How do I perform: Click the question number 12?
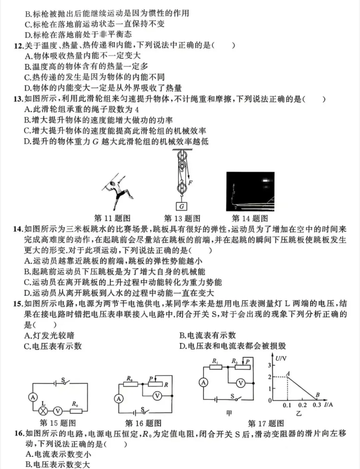click(18, 45)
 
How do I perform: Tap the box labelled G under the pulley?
click(181, 206)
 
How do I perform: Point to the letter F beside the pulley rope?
click(190, 182)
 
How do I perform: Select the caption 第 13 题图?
click(182, 219)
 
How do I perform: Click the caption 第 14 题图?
click(250, 219)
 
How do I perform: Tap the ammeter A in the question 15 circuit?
click(33, 397)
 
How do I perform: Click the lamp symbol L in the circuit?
click(43, 411)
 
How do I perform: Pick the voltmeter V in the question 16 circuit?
click(157, 396)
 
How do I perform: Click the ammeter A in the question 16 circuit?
click(119, 399)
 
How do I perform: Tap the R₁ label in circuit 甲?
click(215, 361)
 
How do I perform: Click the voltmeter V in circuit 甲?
click(241, 383)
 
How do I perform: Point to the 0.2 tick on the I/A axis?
click(302, 405)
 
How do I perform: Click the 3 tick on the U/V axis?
click(270, 365)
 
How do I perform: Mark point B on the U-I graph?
click(317, 398)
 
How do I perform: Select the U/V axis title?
click(281, 358)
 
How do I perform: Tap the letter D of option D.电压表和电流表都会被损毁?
click(182, 346)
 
